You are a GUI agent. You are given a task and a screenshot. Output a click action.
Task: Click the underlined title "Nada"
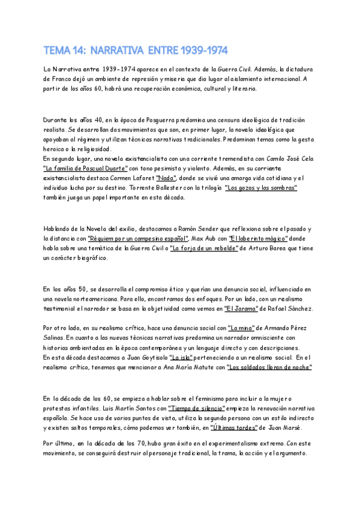pyautogui.click(x=166, y=178)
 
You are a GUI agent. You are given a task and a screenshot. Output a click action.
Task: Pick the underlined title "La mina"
pyautogui.click(x=240, y=328)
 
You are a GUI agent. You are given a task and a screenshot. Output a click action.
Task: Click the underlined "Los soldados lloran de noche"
pyautogui.click(x=270, y=367)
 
